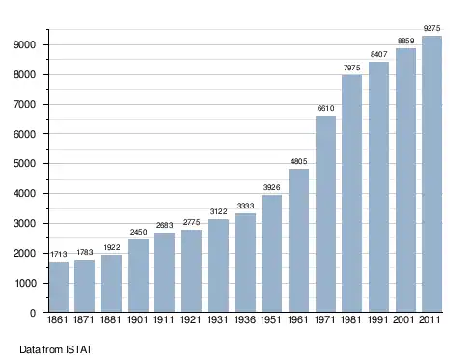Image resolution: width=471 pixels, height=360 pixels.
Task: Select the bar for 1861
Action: [59, 287]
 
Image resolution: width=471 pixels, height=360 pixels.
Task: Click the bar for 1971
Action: [325, 214]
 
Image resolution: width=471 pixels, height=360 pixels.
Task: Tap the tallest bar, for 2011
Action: [431, 174]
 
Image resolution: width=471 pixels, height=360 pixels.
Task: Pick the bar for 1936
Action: [245, 263]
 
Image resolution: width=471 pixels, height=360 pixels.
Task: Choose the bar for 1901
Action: [138, 275]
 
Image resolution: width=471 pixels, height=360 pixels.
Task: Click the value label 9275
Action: [431, 28]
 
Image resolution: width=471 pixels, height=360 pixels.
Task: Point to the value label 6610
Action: [325, 108]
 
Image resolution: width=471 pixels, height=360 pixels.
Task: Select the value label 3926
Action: [271, 187]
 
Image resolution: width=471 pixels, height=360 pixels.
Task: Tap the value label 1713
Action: [59, 254]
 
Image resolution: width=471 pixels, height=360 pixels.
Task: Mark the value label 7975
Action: [351, 68]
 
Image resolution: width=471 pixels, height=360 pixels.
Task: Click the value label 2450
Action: [138, 232]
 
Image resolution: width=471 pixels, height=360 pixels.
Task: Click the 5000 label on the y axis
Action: [24, 164]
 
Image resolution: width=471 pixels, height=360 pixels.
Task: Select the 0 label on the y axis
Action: [33, 313]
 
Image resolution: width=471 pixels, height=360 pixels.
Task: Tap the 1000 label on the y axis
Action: [24, 283]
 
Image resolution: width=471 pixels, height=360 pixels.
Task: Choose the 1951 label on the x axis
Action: [271, 319]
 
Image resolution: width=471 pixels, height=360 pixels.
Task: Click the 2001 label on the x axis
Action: [403, 319]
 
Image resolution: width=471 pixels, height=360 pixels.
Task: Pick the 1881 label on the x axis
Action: [111, 319]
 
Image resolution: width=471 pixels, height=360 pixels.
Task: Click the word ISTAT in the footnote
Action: [79, 349]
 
